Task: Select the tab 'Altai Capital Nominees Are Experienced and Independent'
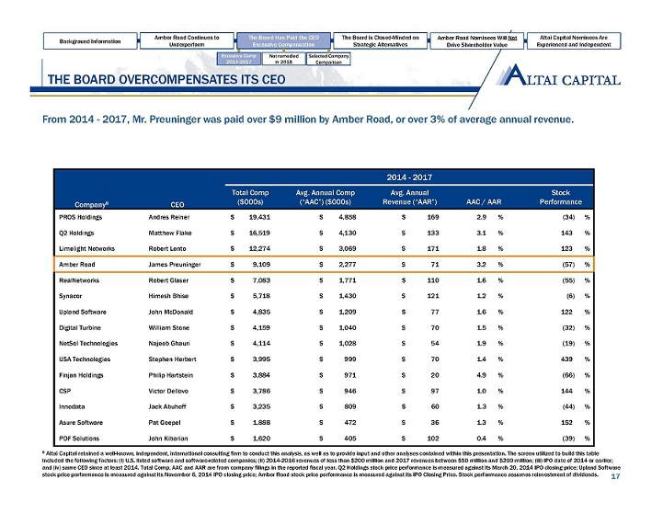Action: click(594, 41)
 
